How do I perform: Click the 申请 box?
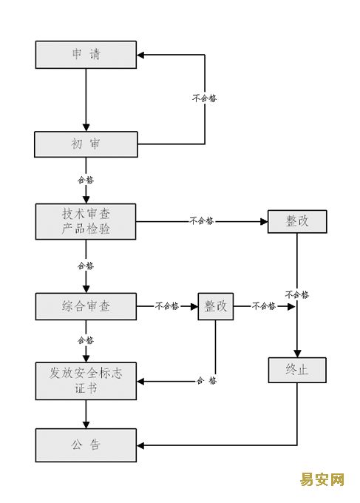click(x=86, y=55)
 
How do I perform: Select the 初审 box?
click(x=86, y=144)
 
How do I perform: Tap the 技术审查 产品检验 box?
click(x=86, y=221)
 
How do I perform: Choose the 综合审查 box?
click(x=86, y=306)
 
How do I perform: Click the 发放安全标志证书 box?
click(x=86, y=381)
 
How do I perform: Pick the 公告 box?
click(x=86, y=445)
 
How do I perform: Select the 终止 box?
click(x=297, y=370)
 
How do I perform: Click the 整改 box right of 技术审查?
click(x=297, y=221)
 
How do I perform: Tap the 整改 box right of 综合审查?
click(x=215, y=306)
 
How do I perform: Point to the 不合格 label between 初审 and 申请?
click(x=205, y=98)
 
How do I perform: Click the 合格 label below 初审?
click(x=86, y=180)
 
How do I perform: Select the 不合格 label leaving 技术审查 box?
click(x=202, y=220)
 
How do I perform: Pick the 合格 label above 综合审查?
click(x=86, y=266)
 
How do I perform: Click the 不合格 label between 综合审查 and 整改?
click(x=167, y=305)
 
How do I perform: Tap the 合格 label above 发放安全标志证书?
click(x=86, y=340)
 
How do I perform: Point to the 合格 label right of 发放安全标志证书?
click(x=207, y=381)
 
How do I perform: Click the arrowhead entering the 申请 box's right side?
click(x=140, y=55)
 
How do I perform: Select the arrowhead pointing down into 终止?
click(x=297, y=354)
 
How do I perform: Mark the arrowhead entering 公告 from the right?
click(x=140, y=445)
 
